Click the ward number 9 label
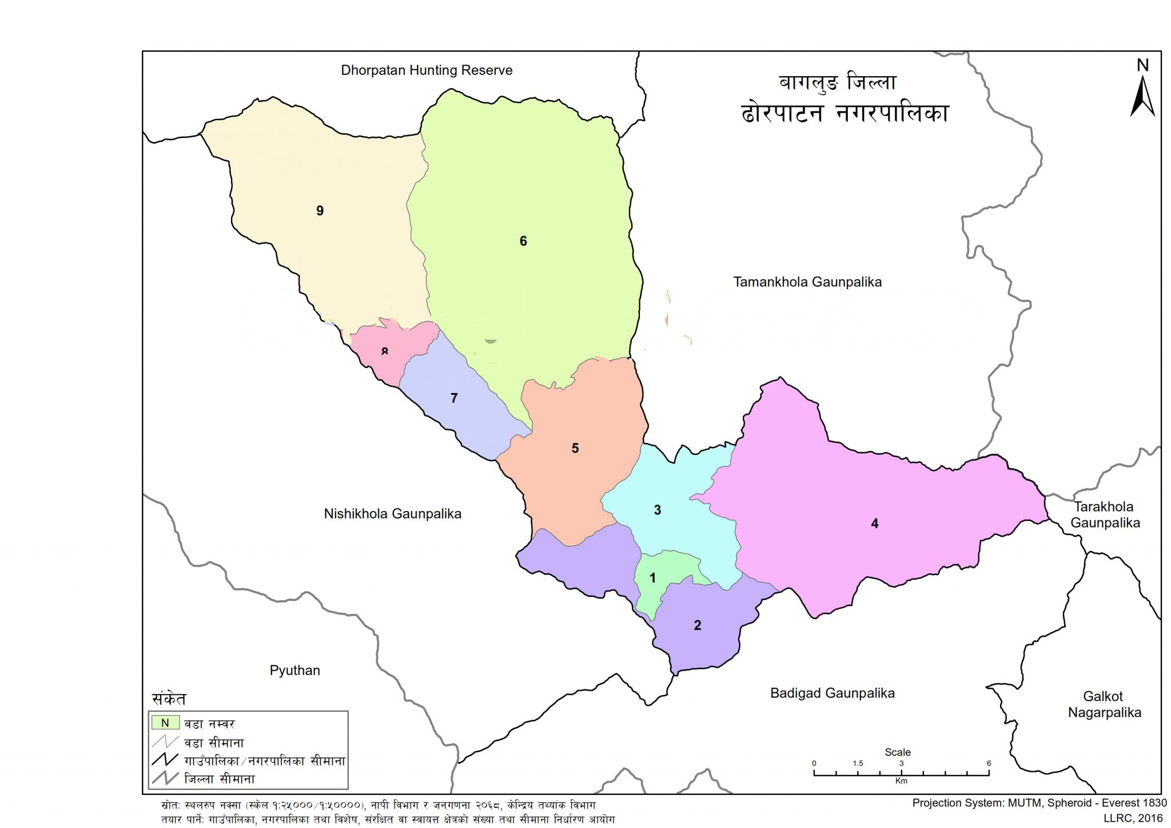click(x=320, y=211)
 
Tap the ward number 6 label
click(x=523, y=241)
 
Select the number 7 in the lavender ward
click(x=454, y=398)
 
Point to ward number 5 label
click(x=575, y=448)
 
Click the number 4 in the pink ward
click(x=874, y=523)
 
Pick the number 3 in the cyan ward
click(x=657, y=510)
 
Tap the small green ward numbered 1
click(x=653, y=578)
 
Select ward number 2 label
click(x=697, y=625)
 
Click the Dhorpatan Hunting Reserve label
click(x=427, y=70)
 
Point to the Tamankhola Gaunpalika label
click(x=807, y=282)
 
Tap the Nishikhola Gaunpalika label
click(x=392, y=513)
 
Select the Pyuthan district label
click(x=294, y=670)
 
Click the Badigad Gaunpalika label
click(x=832, y=693)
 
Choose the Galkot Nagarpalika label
click(x=1104, y=704)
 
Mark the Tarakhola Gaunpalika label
click(x=1104, y=514)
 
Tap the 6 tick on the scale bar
click(x=989, y=763)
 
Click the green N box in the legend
click(x=165, y=723)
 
